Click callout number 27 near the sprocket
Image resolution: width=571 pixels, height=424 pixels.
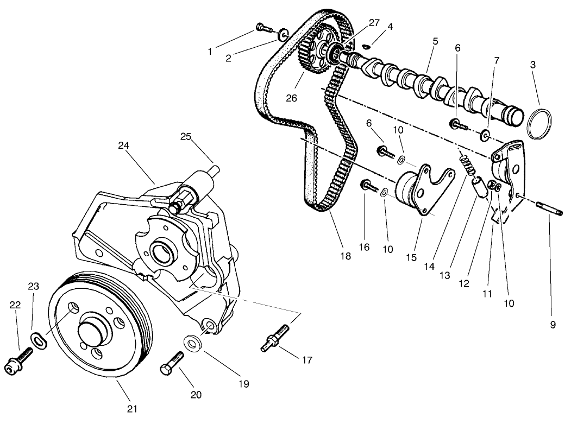click(374, 23)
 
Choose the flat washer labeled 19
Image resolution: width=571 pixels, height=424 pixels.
click(192, 343)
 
